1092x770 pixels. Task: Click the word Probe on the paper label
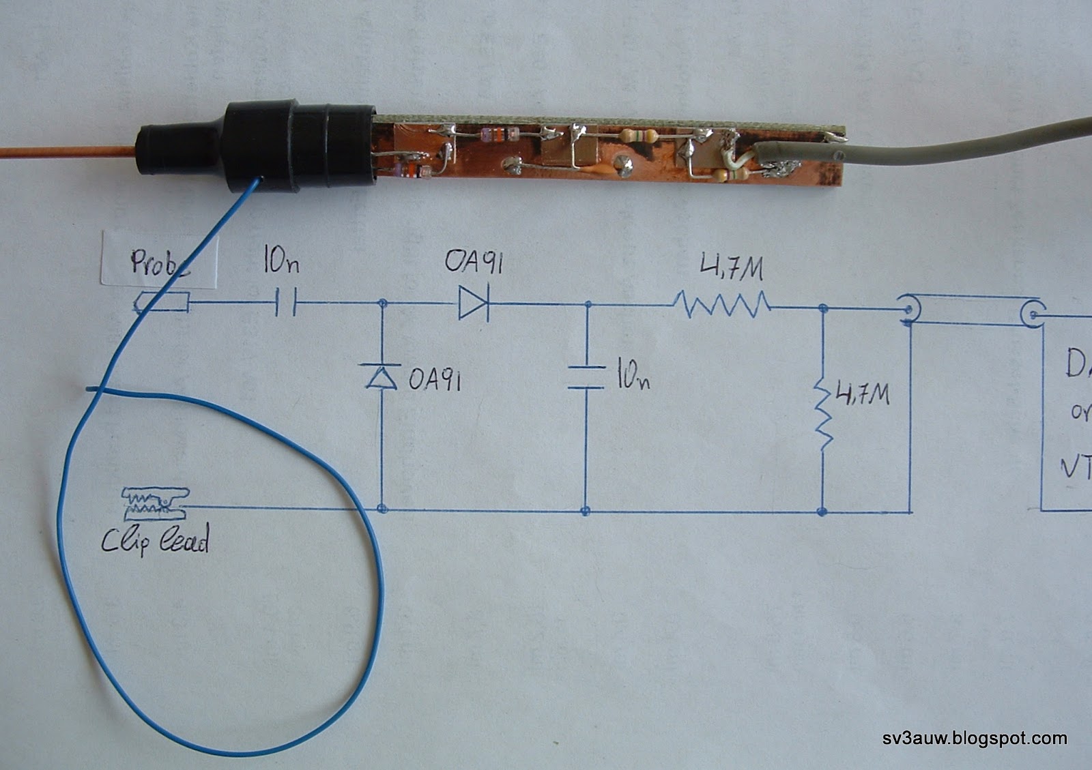[x=160, y=263]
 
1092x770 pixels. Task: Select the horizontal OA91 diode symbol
[x=473, y=303]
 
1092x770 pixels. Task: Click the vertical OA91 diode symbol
[x=382, y=376]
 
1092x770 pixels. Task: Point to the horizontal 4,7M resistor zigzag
[x=722, y=303]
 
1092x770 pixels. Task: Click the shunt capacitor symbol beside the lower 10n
[x=586, y=377]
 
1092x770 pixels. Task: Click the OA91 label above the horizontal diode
[x=474, y=261]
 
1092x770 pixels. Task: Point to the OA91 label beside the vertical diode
[x=435, y=379]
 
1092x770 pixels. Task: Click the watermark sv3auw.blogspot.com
[x=975, y=738]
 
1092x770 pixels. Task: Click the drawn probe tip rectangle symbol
[x=164, y=302]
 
